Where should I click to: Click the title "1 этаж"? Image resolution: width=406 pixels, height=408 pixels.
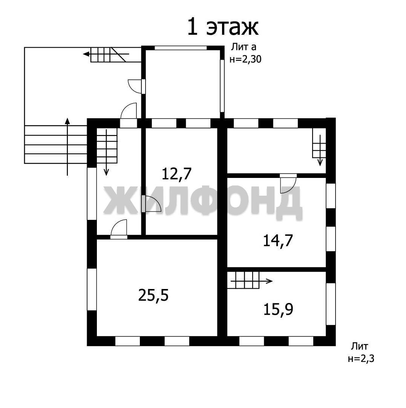point(222,26)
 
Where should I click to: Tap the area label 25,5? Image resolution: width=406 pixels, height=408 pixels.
point(153,295)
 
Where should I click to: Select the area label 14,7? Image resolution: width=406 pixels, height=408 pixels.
point(278,240)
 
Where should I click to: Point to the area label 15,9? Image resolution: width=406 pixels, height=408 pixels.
point(278,309)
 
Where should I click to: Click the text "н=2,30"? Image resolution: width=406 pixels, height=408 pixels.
point(245,60)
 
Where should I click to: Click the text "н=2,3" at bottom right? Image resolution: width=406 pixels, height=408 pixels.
point(361,359)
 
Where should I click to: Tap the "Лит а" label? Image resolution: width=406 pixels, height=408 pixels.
point(244,47)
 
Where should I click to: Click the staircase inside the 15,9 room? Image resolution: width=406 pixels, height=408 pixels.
point(244,280)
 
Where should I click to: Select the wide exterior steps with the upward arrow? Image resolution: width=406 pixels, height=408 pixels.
point(55,144)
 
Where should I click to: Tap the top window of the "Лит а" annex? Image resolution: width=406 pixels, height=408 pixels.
point(181,48)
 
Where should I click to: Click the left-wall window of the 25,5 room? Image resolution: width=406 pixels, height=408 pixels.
point(92,289)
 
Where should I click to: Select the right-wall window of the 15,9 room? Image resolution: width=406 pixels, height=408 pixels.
point(331,304)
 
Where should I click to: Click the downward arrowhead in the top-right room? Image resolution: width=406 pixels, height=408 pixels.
point(320,162)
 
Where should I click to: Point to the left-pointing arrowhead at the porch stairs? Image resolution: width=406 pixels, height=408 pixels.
point(86,54)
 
